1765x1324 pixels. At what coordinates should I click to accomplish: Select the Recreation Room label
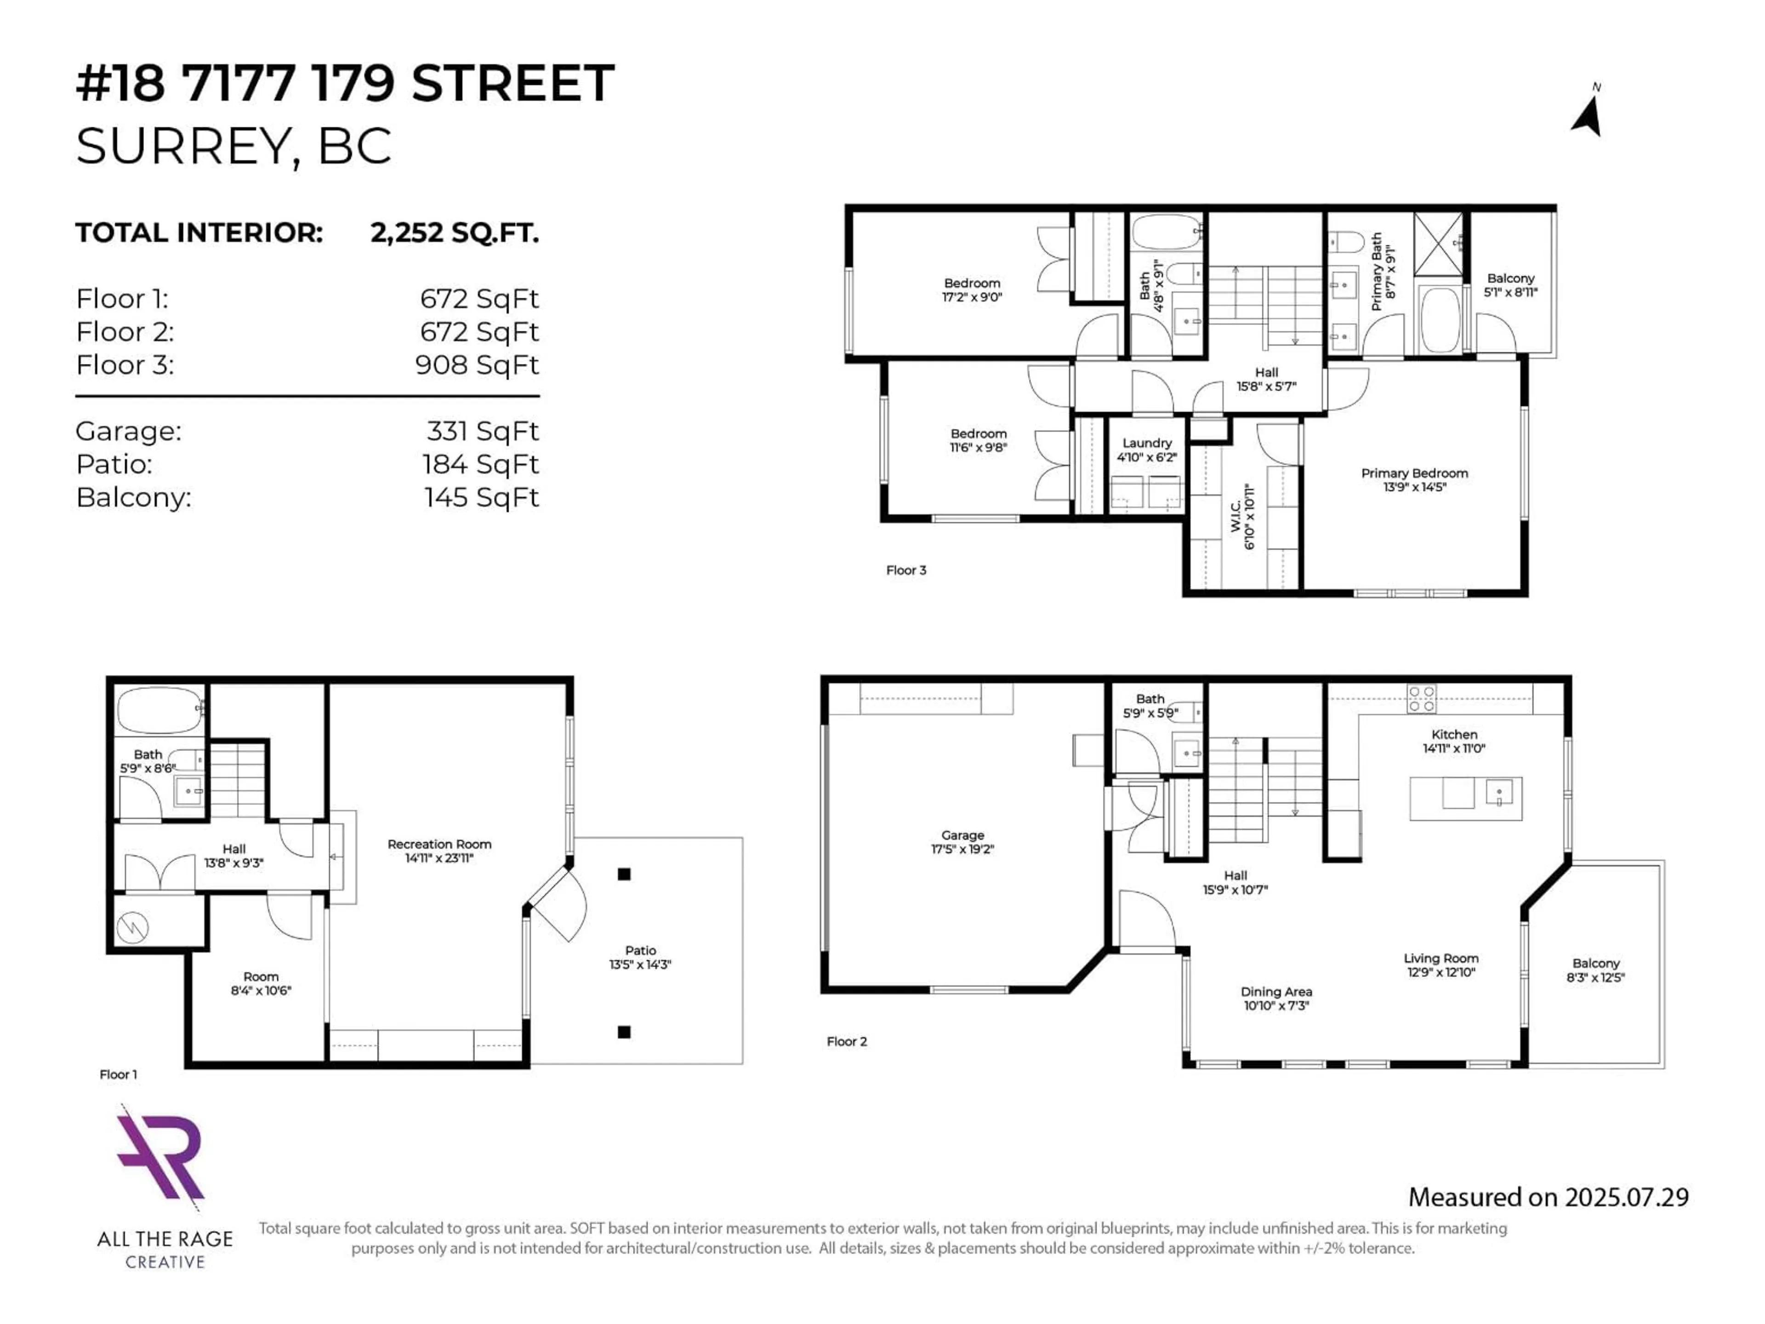point(440,851)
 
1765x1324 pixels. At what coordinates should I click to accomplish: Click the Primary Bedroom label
point(1415,479)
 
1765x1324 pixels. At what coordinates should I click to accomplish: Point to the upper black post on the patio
point(624,874)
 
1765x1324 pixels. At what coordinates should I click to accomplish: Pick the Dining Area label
point(1276,999)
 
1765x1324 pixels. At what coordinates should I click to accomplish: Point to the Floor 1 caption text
point(118,1074)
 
